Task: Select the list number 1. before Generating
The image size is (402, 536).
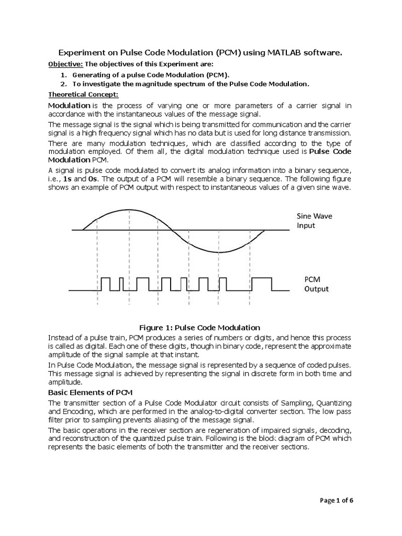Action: click(x=63, y=75)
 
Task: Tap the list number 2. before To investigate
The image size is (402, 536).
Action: click(x=63, y=84)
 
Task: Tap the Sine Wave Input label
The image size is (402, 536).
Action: click(x=314, y=220)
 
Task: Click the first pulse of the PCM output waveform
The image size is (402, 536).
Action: click(x=106, y=284)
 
